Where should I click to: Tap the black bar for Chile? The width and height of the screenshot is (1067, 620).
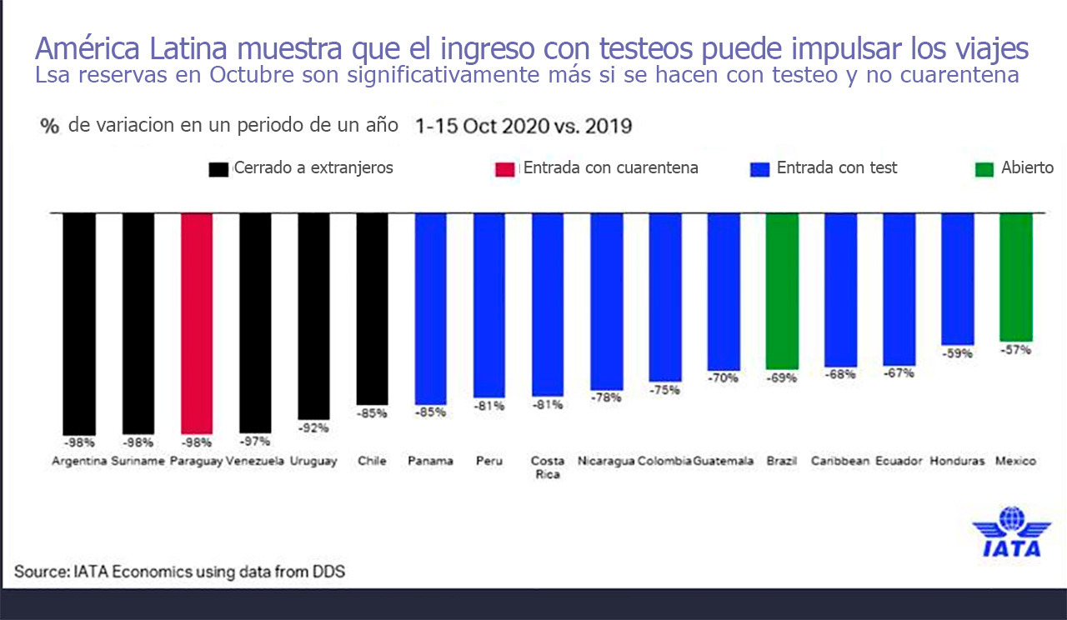[x=372, y=308]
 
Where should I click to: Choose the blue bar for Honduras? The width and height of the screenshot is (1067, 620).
[x=958, y=278]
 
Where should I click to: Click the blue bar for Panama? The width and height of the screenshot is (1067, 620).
[x=431, y=308]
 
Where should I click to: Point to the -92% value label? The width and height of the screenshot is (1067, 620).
[x=313, y=427]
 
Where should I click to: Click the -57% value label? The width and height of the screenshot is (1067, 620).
[x=1016, y=350]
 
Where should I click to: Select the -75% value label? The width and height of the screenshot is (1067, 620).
[x=664, y=390]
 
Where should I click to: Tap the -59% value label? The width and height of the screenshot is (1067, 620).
[x=958, y=353]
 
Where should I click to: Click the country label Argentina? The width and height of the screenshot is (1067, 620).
[x=79, y=461]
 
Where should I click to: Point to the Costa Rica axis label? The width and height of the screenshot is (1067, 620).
[x=548, y=467]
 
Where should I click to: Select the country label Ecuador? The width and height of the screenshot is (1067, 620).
[x=899, y=461]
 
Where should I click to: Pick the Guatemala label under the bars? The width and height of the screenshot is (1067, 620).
[x=724, y=461]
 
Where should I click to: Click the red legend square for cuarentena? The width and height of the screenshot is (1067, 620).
[x=505, y=169]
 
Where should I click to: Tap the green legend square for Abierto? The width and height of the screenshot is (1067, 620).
[x=985, y=169]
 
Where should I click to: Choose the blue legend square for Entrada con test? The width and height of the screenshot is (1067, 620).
[x=759, y=169]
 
